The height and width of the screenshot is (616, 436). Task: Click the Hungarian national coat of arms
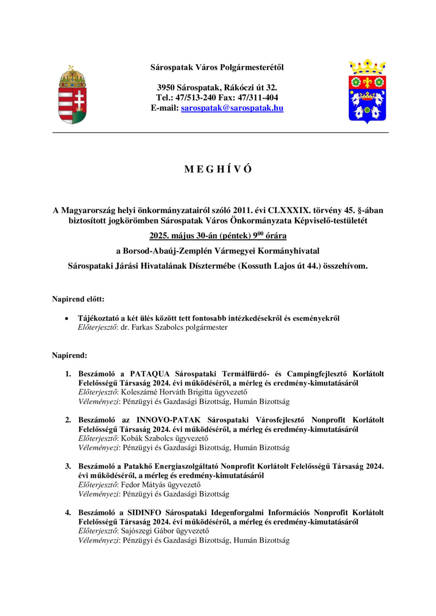[72, 95]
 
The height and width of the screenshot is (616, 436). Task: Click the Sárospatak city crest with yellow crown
[367, 91]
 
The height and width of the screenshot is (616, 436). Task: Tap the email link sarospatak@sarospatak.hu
[232, 108]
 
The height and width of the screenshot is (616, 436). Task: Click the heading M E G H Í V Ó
[218, 169]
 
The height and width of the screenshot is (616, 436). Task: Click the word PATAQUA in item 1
[149, 374]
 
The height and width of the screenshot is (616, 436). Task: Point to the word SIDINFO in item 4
[144, 513]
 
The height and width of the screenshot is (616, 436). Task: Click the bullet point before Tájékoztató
[66, 319]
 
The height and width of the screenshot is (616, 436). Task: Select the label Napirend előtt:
[78, 299]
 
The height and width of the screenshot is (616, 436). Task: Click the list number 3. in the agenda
[68, 466]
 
